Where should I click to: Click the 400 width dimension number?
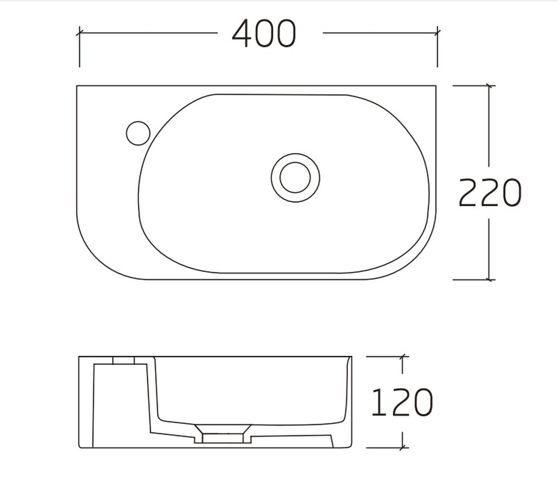point(264,33)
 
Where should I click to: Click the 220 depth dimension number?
point(490,192)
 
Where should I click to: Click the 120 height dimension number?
point(402,402)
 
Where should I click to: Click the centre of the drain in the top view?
point(295,178)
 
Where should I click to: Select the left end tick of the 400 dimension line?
point(79,33)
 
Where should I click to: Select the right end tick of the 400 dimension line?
point(437,33)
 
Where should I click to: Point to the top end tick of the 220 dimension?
point(490,85)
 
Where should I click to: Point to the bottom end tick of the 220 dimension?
point(490,280)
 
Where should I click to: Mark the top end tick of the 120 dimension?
point(402,356)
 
